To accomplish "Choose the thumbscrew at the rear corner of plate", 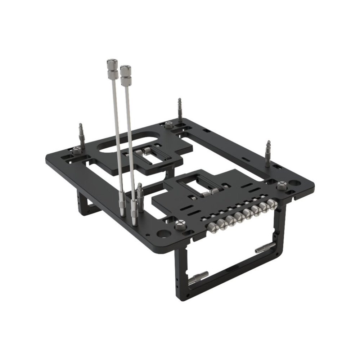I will click(168, 126).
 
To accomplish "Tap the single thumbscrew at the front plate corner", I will click(180, 225).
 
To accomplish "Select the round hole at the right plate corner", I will click(294, 184).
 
